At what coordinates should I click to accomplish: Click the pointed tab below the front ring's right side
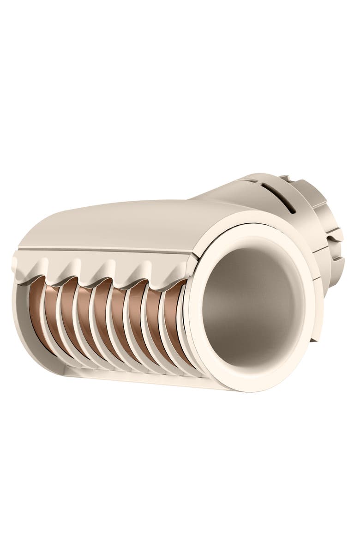coord(314,337)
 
